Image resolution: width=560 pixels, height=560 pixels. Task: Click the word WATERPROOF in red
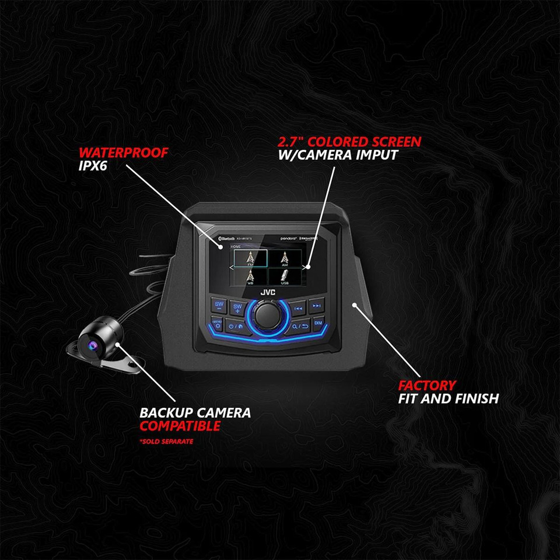pos(123,153)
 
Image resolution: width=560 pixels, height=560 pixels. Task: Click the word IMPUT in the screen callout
pos(379,156)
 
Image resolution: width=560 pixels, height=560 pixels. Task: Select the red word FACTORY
pos(426,386)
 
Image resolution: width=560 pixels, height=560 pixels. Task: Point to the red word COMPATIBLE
pos(180,426)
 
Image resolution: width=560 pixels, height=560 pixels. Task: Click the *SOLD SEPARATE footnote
pos(166,442)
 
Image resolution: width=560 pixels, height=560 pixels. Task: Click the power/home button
pos(237,327)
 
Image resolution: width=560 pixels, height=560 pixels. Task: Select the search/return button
pos(299,327)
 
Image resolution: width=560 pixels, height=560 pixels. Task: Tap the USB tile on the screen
pos(285,275)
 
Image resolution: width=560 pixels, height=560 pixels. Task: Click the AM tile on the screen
pos(285,257)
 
